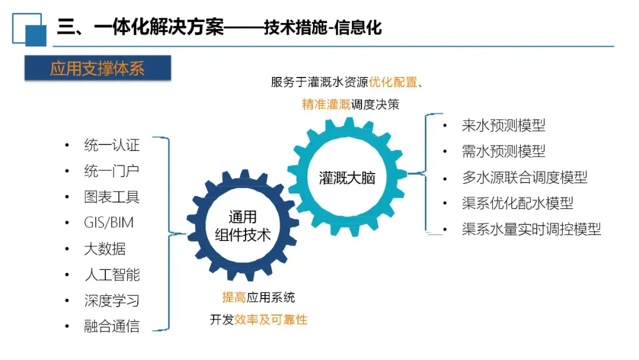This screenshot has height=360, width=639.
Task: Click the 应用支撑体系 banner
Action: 98,69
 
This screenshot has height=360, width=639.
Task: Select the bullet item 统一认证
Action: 112,145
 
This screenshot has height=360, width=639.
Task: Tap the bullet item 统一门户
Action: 112,171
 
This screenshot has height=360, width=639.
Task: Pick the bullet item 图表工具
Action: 112,197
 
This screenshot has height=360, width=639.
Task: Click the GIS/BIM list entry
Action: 109,223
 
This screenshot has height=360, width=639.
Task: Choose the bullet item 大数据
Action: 105,249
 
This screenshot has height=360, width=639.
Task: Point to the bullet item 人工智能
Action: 112,275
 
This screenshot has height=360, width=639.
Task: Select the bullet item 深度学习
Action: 112,300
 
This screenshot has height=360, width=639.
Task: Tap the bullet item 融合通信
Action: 112,326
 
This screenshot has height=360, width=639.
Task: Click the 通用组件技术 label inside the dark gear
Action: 243,226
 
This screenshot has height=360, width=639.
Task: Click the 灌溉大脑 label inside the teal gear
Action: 347,178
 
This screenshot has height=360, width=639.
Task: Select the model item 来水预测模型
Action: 504,126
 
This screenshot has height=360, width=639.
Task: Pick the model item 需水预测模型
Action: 504,152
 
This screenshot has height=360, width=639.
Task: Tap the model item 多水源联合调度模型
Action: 524,178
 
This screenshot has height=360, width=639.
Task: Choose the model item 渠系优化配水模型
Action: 518,204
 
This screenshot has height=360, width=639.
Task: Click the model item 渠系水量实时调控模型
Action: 531,229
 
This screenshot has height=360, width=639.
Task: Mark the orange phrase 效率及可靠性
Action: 271,320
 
